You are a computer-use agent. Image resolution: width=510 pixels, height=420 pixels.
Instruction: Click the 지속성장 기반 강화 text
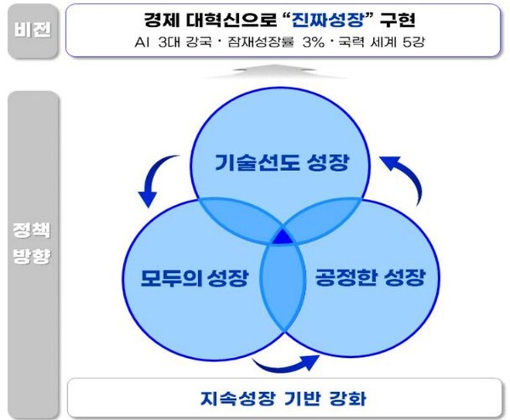point(280,397)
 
